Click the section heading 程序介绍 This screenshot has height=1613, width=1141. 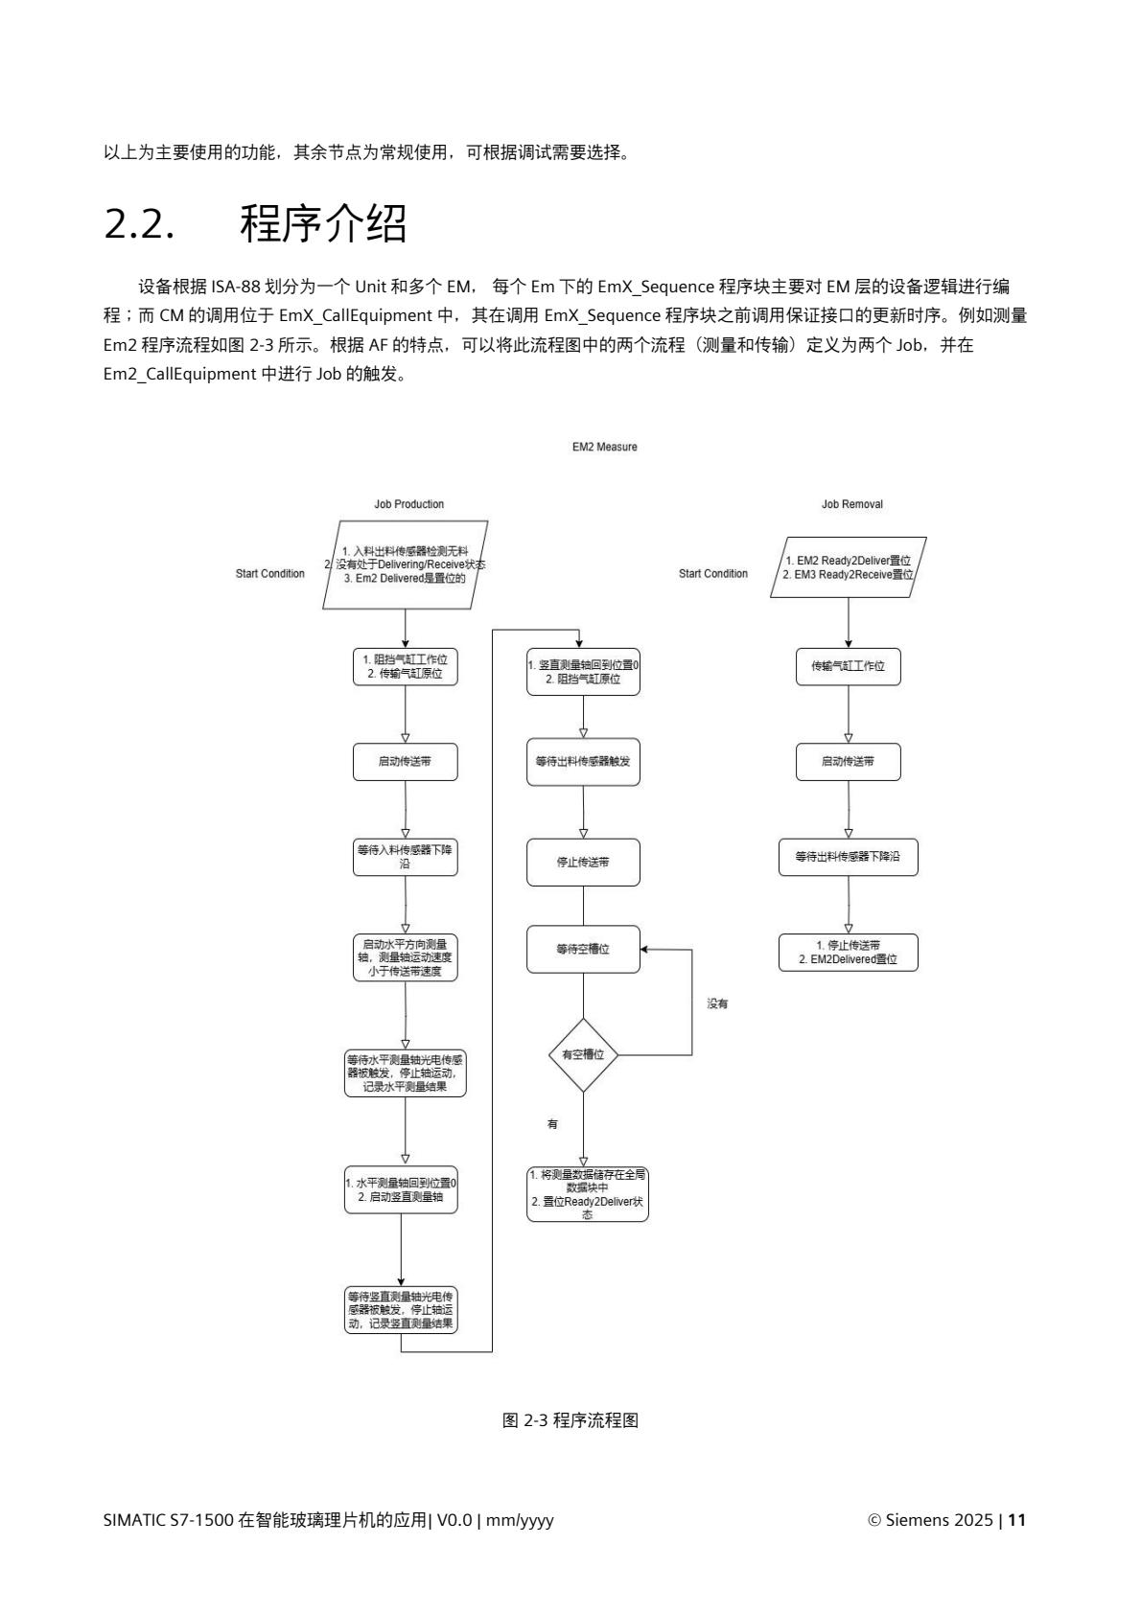coord(323,224)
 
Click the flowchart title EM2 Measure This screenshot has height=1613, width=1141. coord(604,447)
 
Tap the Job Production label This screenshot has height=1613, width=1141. coord(408,504)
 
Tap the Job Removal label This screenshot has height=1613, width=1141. coord(851,504)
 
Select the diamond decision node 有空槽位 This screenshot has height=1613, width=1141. coord(583,1054)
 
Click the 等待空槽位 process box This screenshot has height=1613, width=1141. coord(583,949)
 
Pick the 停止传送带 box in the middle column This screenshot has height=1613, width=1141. coord(583,862)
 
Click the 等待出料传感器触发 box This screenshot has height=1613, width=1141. coord(583,762)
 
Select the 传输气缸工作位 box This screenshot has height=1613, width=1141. coord(849,666)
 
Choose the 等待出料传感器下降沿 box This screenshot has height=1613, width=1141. coord(848,857)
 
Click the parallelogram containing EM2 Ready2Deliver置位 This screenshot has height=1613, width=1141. coord(849,567)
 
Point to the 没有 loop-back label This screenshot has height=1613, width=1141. coord(717,1003)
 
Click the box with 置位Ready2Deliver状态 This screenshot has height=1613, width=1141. coord(587,1193)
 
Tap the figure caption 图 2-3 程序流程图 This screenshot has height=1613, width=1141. coord(570,1420)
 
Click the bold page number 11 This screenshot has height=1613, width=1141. coord(1017,1520)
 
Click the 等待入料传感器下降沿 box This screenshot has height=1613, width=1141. coord(405,857)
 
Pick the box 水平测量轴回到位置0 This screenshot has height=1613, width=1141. coord(401,1189)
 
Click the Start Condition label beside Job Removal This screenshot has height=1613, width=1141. coord(712,573)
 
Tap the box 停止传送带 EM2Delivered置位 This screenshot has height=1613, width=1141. coord(848,952)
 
